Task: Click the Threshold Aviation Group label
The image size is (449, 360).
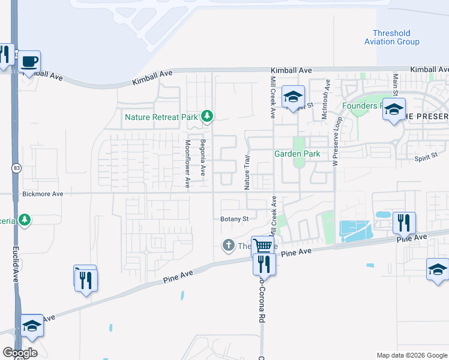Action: [391, 38]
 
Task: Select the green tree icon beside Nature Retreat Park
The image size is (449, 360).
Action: [207, 115]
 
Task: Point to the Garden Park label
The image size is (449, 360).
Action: [297, 154]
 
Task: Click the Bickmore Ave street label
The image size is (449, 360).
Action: [43, 194]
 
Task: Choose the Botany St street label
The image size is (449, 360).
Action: [234, 219]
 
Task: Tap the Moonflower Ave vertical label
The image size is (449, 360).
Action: [188, 164]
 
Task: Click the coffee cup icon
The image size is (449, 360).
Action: [29, 61]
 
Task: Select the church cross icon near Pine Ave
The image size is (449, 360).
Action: [228, 245]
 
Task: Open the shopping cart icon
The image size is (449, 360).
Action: [263, 245]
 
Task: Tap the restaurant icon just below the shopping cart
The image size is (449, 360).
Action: [264, 263]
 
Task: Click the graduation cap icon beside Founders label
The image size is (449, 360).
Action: [394, 110]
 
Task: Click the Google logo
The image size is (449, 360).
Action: [20, 353]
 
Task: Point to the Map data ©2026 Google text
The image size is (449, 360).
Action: [411, 355]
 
